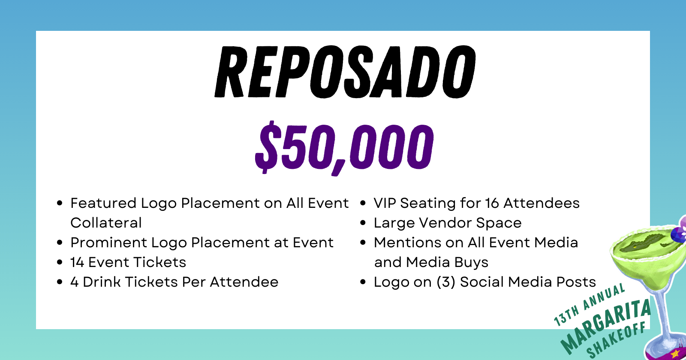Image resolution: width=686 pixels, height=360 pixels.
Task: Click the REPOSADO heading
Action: pos(345,72)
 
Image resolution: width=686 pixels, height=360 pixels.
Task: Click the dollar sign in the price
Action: pos(267,147)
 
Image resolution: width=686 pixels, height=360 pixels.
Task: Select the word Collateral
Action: pos(106,222)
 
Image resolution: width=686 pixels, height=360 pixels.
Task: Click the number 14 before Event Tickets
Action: pos(77,262)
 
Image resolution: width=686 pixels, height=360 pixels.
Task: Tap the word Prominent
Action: pos(109,243)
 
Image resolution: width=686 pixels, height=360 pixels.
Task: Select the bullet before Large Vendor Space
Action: pos(363,223)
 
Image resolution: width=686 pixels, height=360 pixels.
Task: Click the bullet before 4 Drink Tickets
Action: pos(60,282)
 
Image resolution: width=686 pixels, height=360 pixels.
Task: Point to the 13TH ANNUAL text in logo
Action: pos(589,305)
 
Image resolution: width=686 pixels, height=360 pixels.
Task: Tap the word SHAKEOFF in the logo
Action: pos(616,340)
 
